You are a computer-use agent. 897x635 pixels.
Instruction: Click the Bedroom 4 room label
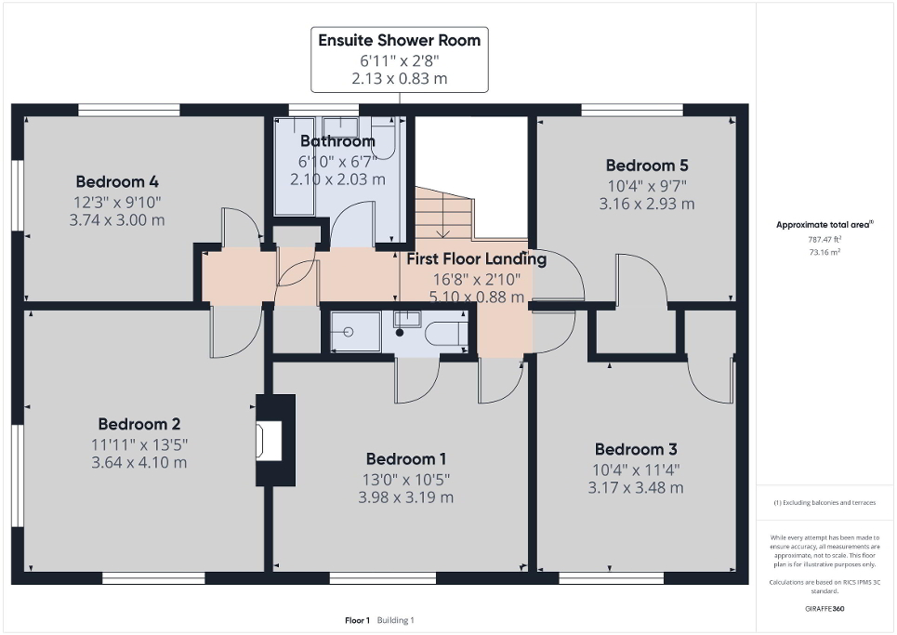pyautogui.click(x=110, y=181)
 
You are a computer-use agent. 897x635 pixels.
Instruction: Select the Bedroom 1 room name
pyautogui.click(x=406, y=458)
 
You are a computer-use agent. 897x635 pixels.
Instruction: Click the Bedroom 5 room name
pyautogui.click(x=647, y=165)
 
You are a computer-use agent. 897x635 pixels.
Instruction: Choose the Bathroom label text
pyautogui.click(x=336, y=141)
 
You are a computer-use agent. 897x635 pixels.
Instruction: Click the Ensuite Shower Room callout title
pyautogui.click(x=400, y=40)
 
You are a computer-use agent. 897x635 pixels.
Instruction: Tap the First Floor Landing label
pyautogui.click(x=476, y=259)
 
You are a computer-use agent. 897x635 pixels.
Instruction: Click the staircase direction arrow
pyautogui.click(x=445, y=227)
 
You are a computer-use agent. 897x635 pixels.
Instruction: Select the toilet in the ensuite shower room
pyautogui.click(x=444, y=332)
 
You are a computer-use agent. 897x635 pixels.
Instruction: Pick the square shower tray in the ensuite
pyautogui.click(x=350, y=332)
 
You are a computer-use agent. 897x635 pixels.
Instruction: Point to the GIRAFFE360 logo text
pyautogui.click(x=825, y=609)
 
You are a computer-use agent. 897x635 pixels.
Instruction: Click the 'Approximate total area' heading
pyautogui.click(x=824, y=224)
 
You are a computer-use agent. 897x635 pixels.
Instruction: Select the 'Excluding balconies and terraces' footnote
pyautogui.click(x=824, y=502)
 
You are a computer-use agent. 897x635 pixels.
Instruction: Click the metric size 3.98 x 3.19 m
pyautogui.click(x=406, y=496)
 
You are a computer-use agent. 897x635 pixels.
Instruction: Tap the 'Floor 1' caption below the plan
pyautogui.click(x=358, y=620)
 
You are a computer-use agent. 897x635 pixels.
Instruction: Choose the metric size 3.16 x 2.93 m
pyautogui.click(x=647, y=204)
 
